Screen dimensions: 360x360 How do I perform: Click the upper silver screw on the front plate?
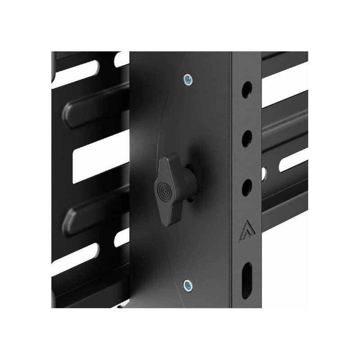[x=188, y=80]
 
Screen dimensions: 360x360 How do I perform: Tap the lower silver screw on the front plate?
[x=188, y=284]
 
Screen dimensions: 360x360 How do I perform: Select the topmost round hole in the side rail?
[x=247, y=90]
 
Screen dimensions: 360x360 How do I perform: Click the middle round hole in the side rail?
[x=247, y=139]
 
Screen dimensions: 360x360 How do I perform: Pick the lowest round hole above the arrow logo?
[x=247, y=187]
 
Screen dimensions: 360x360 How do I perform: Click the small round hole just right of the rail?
[x=263, y=172]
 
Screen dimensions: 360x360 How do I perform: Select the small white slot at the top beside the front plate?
[x=122, y=59]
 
